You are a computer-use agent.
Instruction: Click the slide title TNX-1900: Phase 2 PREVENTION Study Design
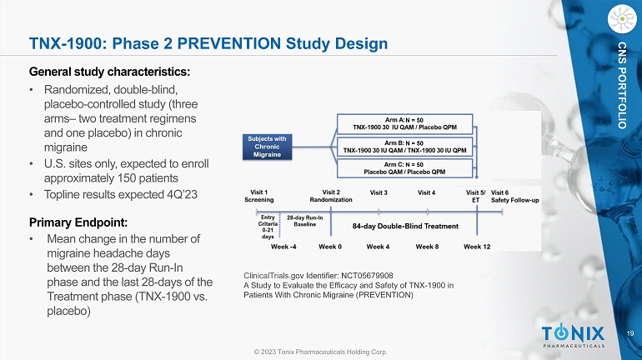point(208,44)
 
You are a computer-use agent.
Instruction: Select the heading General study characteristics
point(110,72)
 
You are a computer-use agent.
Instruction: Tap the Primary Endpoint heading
point(78,222)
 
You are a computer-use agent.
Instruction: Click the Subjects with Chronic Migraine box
point(267,147)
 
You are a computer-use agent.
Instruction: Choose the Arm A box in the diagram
point(404,123)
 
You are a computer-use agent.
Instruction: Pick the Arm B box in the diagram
point(404,147)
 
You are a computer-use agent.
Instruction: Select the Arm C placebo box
point(404,168)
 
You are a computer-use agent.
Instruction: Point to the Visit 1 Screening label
point(258,196)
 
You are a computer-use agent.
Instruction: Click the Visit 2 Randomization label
point(331,196)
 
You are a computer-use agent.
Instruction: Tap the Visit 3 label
point(379,192)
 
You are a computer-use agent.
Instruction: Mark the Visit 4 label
point(426,192)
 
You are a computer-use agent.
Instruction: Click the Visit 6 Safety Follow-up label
point(515,197)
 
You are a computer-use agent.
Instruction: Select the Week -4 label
point(283,247)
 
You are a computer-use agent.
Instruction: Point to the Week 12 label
point(477,247)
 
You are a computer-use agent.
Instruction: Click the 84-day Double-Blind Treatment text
point(405,226)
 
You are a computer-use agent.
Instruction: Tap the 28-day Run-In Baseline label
point(304,221)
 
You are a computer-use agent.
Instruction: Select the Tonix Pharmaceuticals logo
point(573,336)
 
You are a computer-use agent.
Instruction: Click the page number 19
point(630,333)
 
